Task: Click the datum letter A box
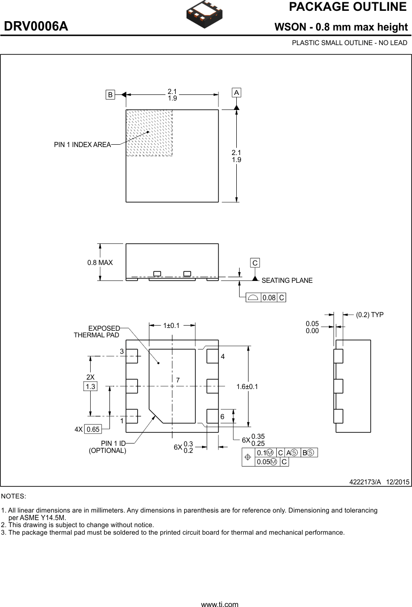pyautogui.click(x=236, y=93)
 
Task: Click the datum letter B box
pyautogui.click(x=110, y=94)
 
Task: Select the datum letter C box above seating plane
pyautogui.click(x=255, y=263)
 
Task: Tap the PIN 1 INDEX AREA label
pyautogui.click(x=82, y=145)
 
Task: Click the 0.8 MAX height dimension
pyautogui.click(x=100, y=263)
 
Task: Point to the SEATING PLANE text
pyautogui.click(x=287, y=280)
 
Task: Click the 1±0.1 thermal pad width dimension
pyautogui.click(x=172, y=326)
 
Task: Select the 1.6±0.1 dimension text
pyautogui.click(x=247, y=387)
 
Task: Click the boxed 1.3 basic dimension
pyautogui.click(x=90, y=387)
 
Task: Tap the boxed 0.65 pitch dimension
pyautogui.click(x=93, y=429)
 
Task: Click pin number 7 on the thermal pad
pyautogui.click(x=178, y=379)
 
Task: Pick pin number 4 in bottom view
pyautogui.click(x=223, y=357)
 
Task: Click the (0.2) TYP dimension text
pyautogui.click(x=369, y=315)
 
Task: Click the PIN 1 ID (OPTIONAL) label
pyautogui.click(x=108, y=447)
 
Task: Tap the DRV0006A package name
pyautogui.click(x=36, y=27)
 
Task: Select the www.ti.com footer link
pyautogui.click(x=219, y=604)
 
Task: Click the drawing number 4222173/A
pyautogui.click(x=365, y=482)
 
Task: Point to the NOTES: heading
pyautogui.click(x=14, y=496)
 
